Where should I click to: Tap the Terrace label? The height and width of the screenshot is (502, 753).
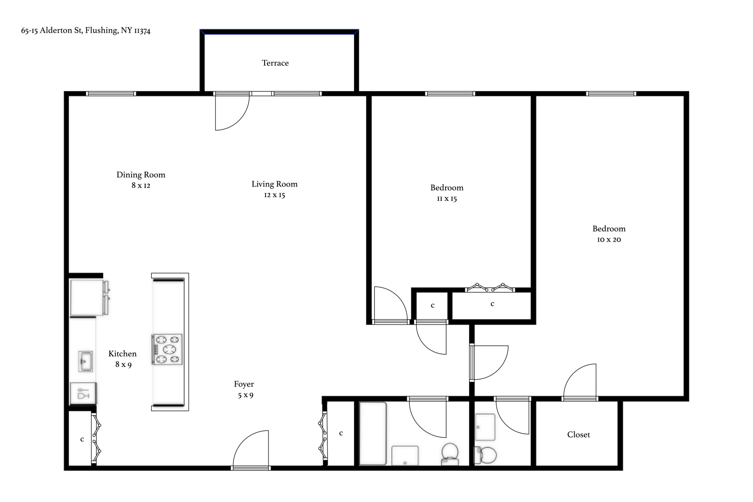point(275,63)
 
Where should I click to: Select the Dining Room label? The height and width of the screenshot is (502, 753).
point(141,175)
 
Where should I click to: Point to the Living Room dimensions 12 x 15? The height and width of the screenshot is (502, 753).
point(274,195)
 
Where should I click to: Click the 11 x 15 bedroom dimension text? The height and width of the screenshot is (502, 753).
point(447,199)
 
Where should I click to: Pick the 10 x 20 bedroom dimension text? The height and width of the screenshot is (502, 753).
point(609,239)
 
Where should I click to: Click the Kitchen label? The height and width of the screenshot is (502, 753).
point(123,354)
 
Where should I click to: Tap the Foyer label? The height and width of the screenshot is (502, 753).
point(244,384)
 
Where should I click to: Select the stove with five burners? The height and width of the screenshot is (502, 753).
point(167,349)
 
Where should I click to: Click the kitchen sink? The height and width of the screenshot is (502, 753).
point(86,361)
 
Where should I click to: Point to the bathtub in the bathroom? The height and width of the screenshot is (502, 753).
point(373,433)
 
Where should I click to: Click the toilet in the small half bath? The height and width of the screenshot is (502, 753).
point(485,455)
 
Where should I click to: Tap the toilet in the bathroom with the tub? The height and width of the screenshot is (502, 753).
point(450,454)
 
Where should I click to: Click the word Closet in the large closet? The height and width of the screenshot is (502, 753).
point(579,434)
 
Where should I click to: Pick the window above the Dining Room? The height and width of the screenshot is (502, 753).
point(111,94)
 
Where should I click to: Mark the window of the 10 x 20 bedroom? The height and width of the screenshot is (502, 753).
point(611,94)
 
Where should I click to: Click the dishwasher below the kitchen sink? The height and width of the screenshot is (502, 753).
point(83,393)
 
